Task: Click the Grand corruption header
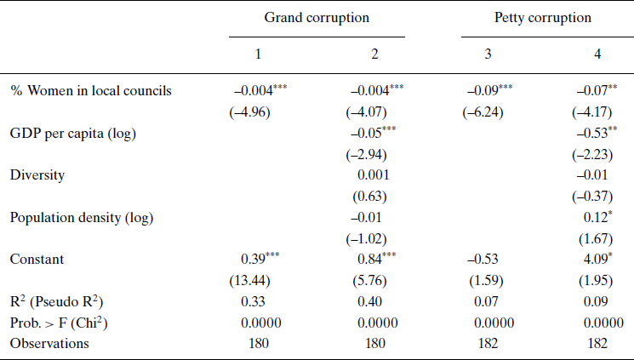[317, 18]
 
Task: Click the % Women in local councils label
[91, 90]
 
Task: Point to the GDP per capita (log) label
[73, 134]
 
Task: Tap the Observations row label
[51, 343]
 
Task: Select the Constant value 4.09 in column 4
[592, 258]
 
